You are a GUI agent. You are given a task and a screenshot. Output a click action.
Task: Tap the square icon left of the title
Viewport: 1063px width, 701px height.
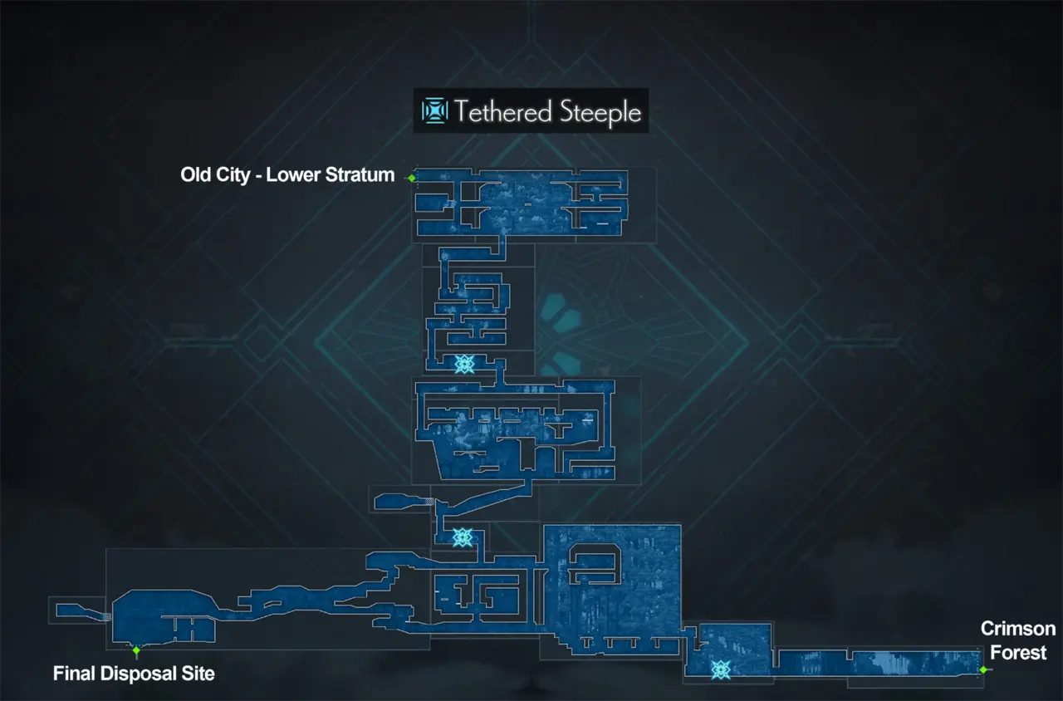[434, 110]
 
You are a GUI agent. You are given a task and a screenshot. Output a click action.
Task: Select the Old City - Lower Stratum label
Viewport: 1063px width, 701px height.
[287, 175]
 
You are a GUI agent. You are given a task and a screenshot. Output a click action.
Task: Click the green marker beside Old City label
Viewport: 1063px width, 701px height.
[411, 178]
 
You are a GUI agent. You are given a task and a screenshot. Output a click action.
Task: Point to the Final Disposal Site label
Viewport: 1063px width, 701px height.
[134, 673]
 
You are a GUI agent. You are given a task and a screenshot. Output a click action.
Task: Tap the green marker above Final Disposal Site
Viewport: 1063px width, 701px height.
[136, 650]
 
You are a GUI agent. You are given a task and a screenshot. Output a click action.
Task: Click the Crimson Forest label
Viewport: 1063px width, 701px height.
[1018, 640]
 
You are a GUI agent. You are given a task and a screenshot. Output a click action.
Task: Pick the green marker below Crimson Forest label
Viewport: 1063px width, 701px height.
[983, 669]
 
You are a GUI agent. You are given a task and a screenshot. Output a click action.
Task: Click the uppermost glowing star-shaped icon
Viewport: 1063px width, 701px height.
[464, 364]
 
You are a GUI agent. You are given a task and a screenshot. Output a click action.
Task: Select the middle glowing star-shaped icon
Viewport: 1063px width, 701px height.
[463, 537]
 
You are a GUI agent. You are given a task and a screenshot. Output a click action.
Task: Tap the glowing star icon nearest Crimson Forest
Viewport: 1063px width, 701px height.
[721, 669]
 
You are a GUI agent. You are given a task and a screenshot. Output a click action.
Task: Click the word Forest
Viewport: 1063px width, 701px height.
[1018, 653]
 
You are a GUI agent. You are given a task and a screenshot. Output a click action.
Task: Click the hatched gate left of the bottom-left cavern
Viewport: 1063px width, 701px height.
[106, 616]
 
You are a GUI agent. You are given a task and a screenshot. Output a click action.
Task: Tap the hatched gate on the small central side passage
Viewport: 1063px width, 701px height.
[429, 502]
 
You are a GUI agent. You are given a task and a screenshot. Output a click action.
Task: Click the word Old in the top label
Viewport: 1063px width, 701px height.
[196, 175]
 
